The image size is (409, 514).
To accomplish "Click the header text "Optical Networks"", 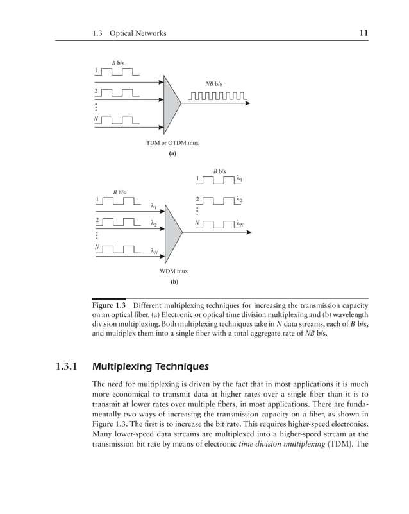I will click(x=137, y=32).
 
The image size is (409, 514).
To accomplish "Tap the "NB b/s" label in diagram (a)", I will click(x=213, y=84).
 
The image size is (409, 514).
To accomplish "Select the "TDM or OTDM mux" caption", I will click(x=172, y=142).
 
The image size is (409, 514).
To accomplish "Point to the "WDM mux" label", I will click(x=174, y=271).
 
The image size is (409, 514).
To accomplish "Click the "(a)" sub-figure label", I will click(x=172, y=154).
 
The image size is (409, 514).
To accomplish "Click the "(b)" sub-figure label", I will click(x=174, y=282).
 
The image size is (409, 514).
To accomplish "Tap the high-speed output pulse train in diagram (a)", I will click(x=216, y=98).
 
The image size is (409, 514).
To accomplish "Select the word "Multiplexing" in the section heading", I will click(x=125, y=368).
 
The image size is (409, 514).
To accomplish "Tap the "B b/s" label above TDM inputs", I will click(x=119, y=63).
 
